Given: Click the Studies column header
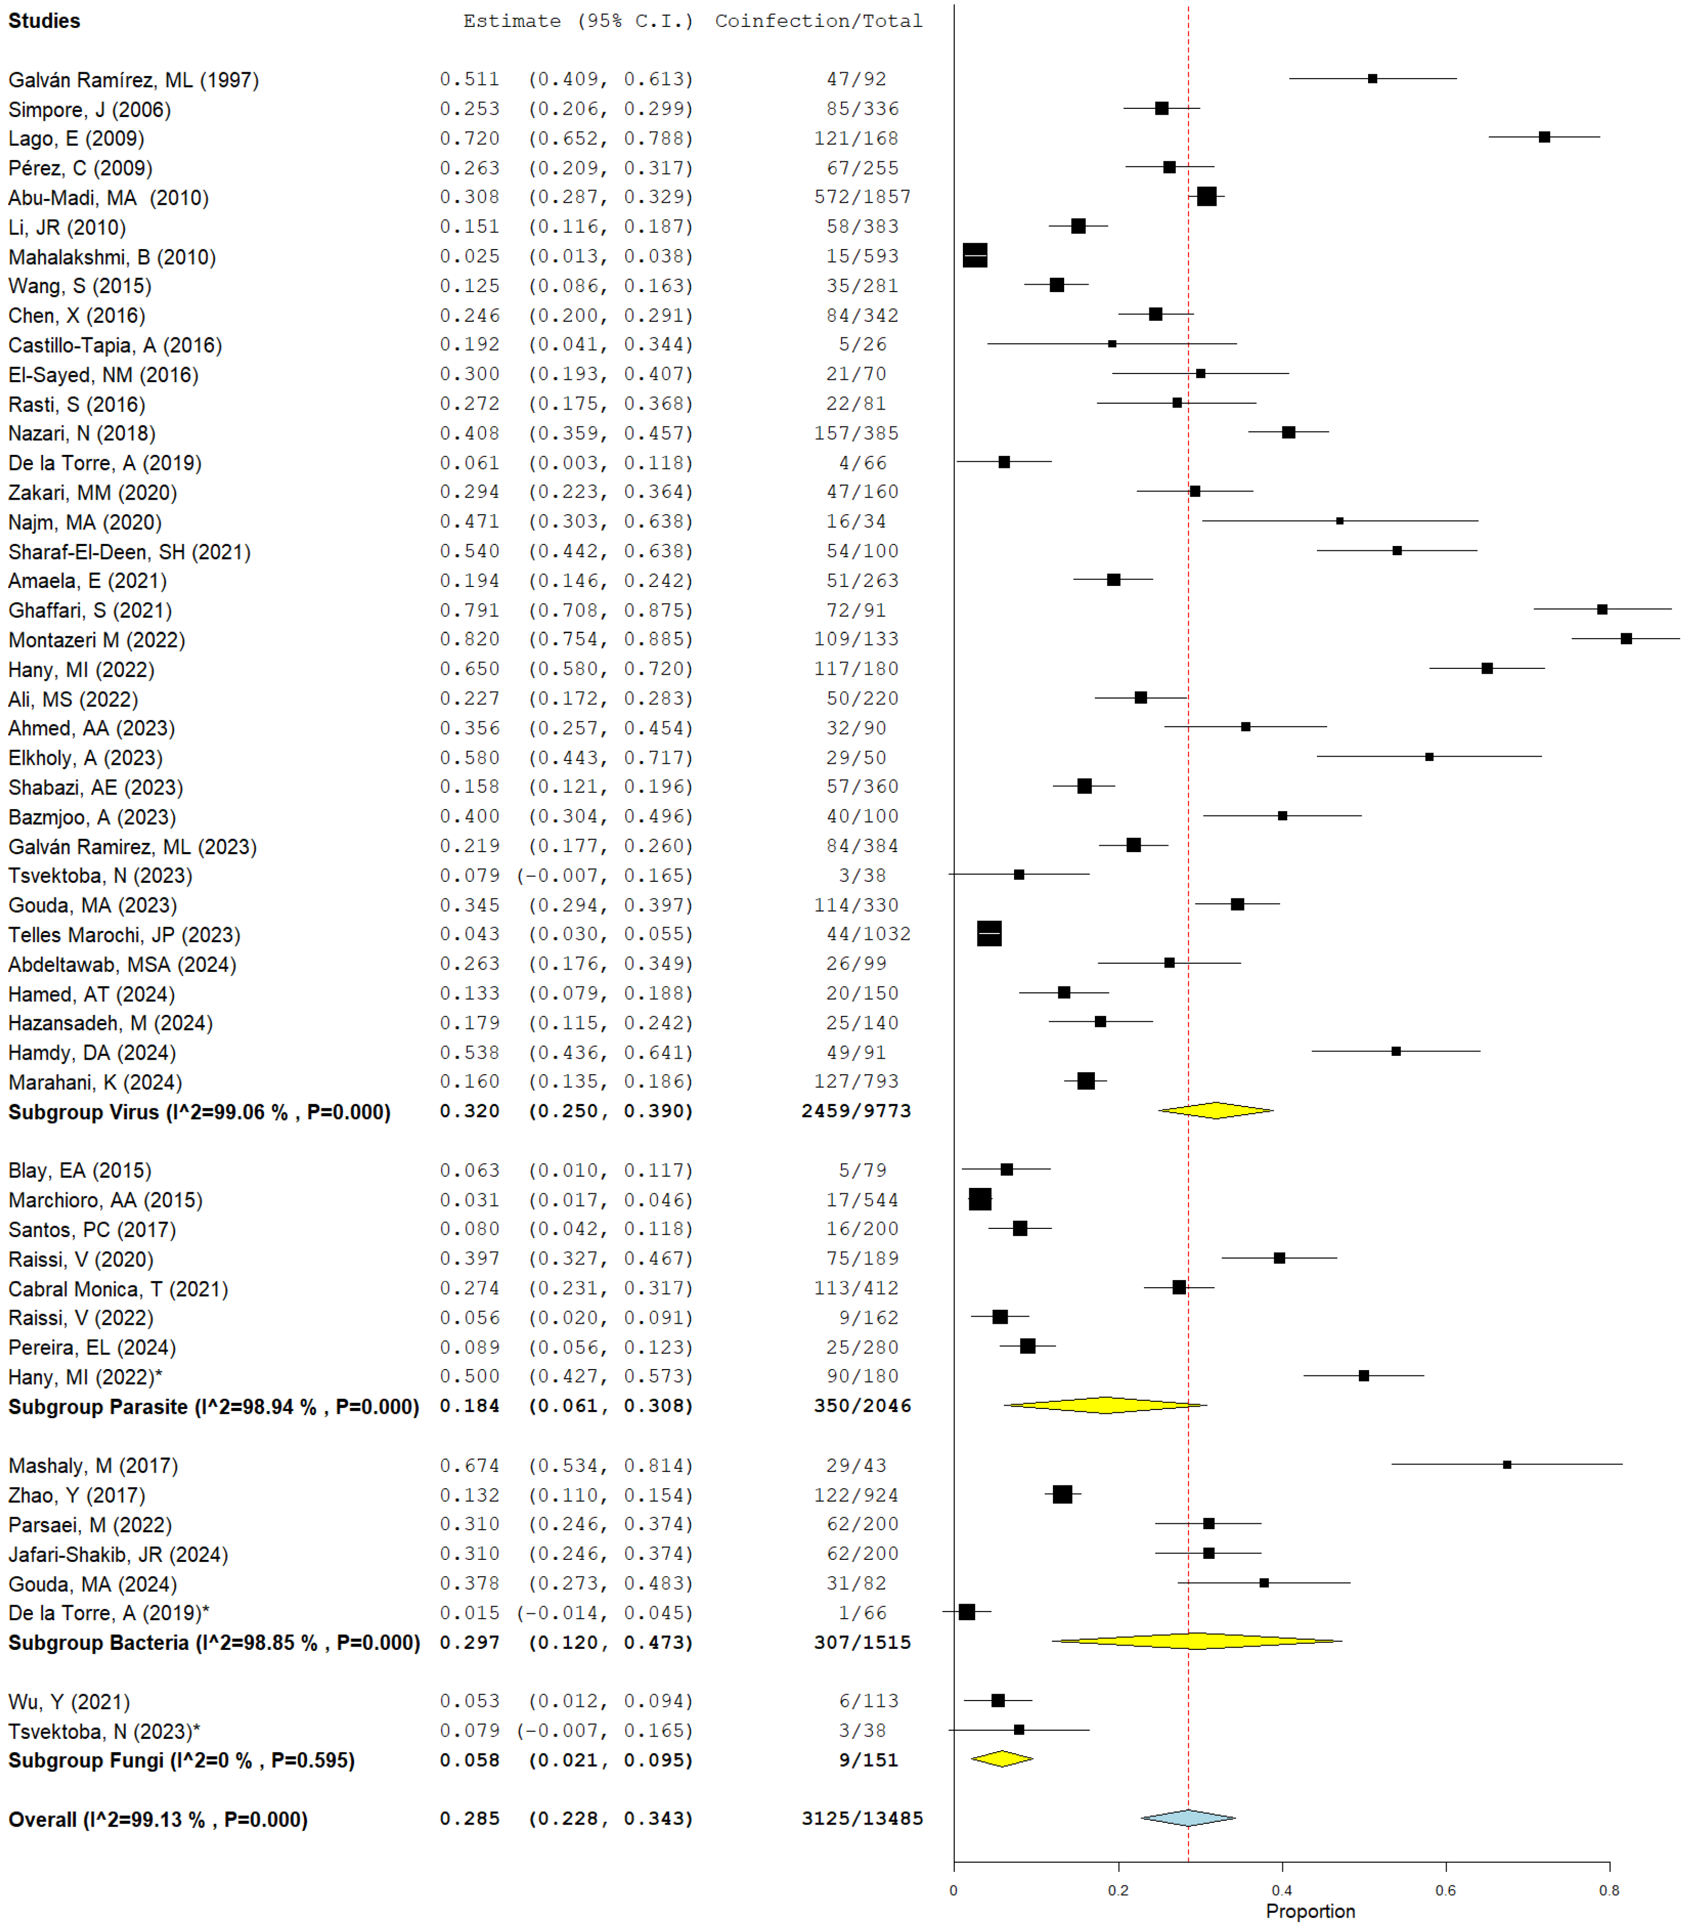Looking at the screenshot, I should point(44,20).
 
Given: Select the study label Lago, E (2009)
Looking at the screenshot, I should point(76,139).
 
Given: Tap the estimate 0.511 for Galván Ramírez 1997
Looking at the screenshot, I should point(469,79).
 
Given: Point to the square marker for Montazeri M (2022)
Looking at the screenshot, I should point(1626,639).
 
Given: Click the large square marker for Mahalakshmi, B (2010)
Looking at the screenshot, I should point(975,256).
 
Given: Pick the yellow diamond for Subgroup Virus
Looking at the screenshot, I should point(1216,1110).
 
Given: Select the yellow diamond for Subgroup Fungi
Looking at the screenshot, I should point(1002,1759).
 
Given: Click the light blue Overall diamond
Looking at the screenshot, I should point(1188,1818).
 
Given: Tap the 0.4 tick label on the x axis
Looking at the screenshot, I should point(1281,1889).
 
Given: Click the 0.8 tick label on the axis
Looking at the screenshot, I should point(1609,1889).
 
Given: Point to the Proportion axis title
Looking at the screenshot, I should point(1310,1911).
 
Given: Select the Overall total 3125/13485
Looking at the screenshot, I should point(862,1819).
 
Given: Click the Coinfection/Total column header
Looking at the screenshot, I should point(818,20).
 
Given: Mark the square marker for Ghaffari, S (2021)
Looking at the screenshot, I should point(1602,610).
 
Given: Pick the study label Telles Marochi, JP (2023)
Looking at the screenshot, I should point(124,935).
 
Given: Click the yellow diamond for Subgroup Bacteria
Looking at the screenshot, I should point(1196,1641).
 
